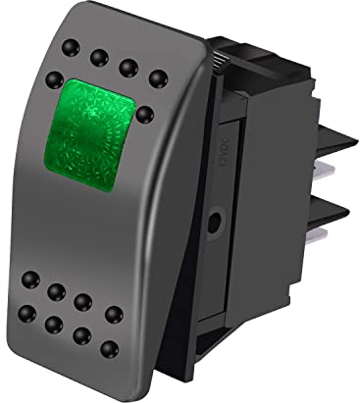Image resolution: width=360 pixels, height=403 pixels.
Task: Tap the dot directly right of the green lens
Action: coord(145,115)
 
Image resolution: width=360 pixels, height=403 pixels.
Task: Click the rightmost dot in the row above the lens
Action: coord(155,76)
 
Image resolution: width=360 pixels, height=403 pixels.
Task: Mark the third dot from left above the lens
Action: coord(127,67)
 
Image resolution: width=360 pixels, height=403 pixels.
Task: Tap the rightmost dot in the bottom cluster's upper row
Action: coord(113,314)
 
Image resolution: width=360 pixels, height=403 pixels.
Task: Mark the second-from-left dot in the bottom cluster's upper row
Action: coord(58,289)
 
